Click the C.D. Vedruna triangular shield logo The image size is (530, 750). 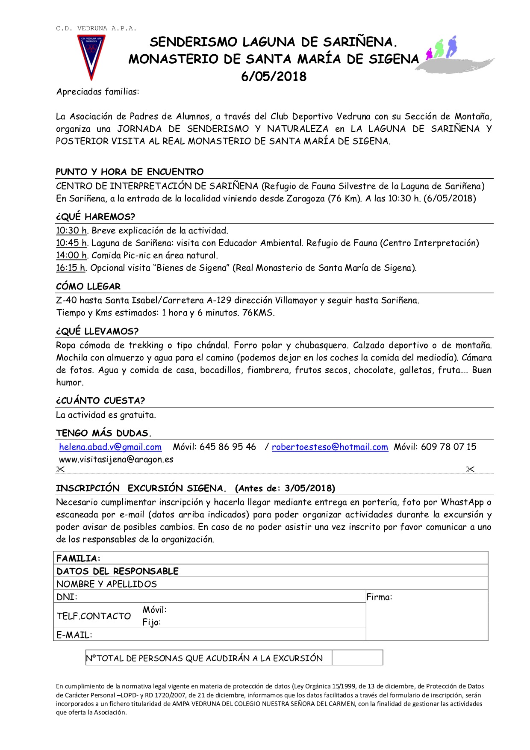point(91,56)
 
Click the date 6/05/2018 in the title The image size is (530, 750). point(274,77)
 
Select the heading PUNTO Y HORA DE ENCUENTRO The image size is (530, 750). point(130,172)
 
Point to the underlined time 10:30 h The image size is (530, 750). point(71,231)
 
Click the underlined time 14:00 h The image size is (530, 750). point(71,256)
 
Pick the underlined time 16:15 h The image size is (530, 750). point(71,268)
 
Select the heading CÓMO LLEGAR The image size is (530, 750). point(88,286)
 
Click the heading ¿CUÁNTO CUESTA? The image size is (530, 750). point(100,401)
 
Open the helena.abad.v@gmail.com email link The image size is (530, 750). point(110,447)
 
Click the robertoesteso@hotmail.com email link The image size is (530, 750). point(330,447)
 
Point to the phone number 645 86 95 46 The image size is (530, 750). point(227,447)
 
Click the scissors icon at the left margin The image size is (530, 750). point(60,469)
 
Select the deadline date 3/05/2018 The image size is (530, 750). point(309,488)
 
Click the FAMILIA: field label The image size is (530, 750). point(78,558)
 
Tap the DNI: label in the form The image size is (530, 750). point(67,597)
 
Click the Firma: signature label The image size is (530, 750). point(379,597)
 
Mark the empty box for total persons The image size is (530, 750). point(357,658)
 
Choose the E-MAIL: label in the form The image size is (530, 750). point(74,635)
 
